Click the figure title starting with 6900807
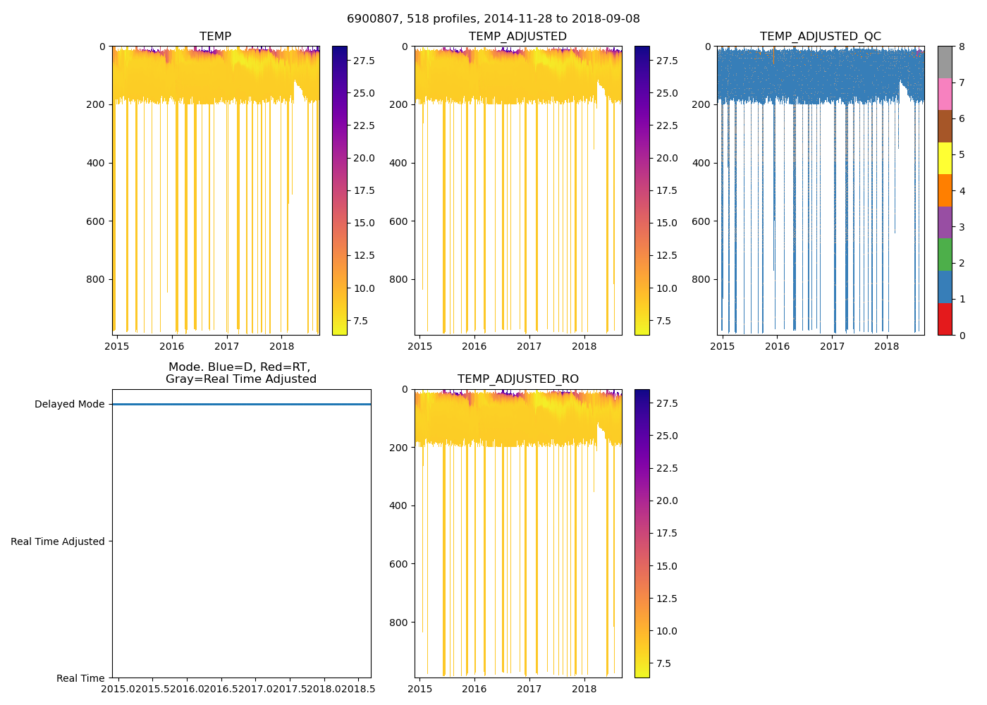(x=493, y=19)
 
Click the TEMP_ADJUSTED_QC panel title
(x=821, y=37)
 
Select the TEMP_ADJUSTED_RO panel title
(x=518, y=379)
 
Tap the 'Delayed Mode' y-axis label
(x=69, y=405)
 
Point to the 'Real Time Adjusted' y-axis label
(x=58, y=541)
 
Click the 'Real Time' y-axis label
(x=80, y=678)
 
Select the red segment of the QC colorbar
(x=945, y=319)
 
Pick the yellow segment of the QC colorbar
(x=945, y=159)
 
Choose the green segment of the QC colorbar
(x=945, y=255)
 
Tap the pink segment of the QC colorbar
(x=945, y=94)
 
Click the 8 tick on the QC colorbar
(x=962, y=47)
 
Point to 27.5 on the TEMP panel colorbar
(x=364, y=61)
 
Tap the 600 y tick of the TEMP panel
(x=97, y=221)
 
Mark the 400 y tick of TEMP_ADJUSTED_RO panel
(x=399, y=505)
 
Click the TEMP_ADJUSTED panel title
(x=518, y=37)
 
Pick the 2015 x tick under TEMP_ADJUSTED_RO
(x=420, y=689)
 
